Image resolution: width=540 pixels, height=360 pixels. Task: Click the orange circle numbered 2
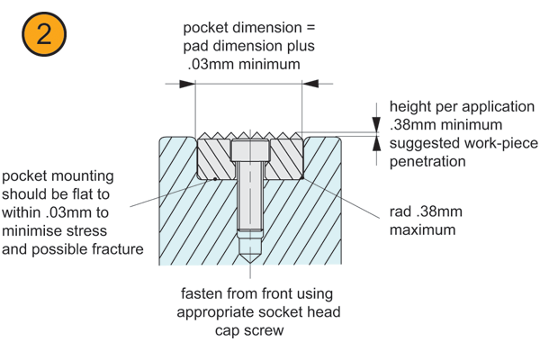click(x=43, y=36)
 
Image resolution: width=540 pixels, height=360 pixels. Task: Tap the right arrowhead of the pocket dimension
click(x=310, y=84)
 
